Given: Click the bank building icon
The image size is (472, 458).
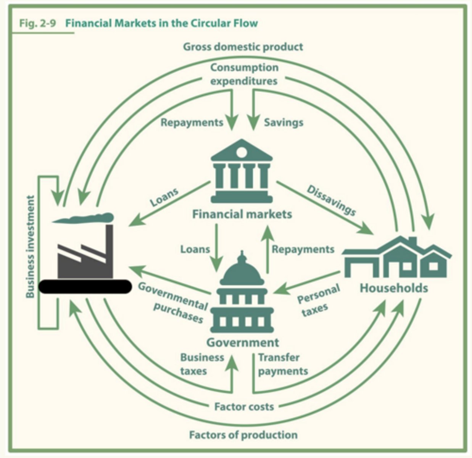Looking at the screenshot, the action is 242,171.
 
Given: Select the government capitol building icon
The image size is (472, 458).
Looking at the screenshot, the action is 242,291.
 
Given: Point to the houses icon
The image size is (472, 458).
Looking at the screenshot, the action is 397,257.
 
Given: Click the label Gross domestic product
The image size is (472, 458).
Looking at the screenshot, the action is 243,47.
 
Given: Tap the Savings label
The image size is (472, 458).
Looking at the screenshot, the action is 284,122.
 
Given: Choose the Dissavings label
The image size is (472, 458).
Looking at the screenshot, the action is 331,200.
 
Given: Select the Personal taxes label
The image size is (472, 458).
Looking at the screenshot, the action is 318,300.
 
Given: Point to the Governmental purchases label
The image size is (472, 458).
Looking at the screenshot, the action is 173,303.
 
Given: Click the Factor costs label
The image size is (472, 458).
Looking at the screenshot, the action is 244,406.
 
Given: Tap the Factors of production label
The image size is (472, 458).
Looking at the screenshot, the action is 243,435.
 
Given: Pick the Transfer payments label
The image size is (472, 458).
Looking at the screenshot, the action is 283,364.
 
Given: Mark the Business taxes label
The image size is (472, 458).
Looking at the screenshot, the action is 202,364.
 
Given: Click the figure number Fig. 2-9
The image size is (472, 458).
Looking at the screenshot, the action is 38,23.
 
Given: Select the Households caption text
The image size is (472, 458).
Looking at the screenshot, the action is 394,288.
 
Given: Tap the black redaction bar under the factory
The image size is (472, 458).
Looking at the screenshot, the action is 85,287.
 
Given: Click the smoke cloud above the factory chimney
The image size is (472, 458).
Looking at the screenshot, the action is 83,218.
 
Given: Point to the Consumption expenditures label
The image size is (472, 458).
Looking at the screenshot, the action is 244,74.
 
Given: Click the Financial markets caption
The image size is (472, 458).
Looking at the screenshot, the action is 242,214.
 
